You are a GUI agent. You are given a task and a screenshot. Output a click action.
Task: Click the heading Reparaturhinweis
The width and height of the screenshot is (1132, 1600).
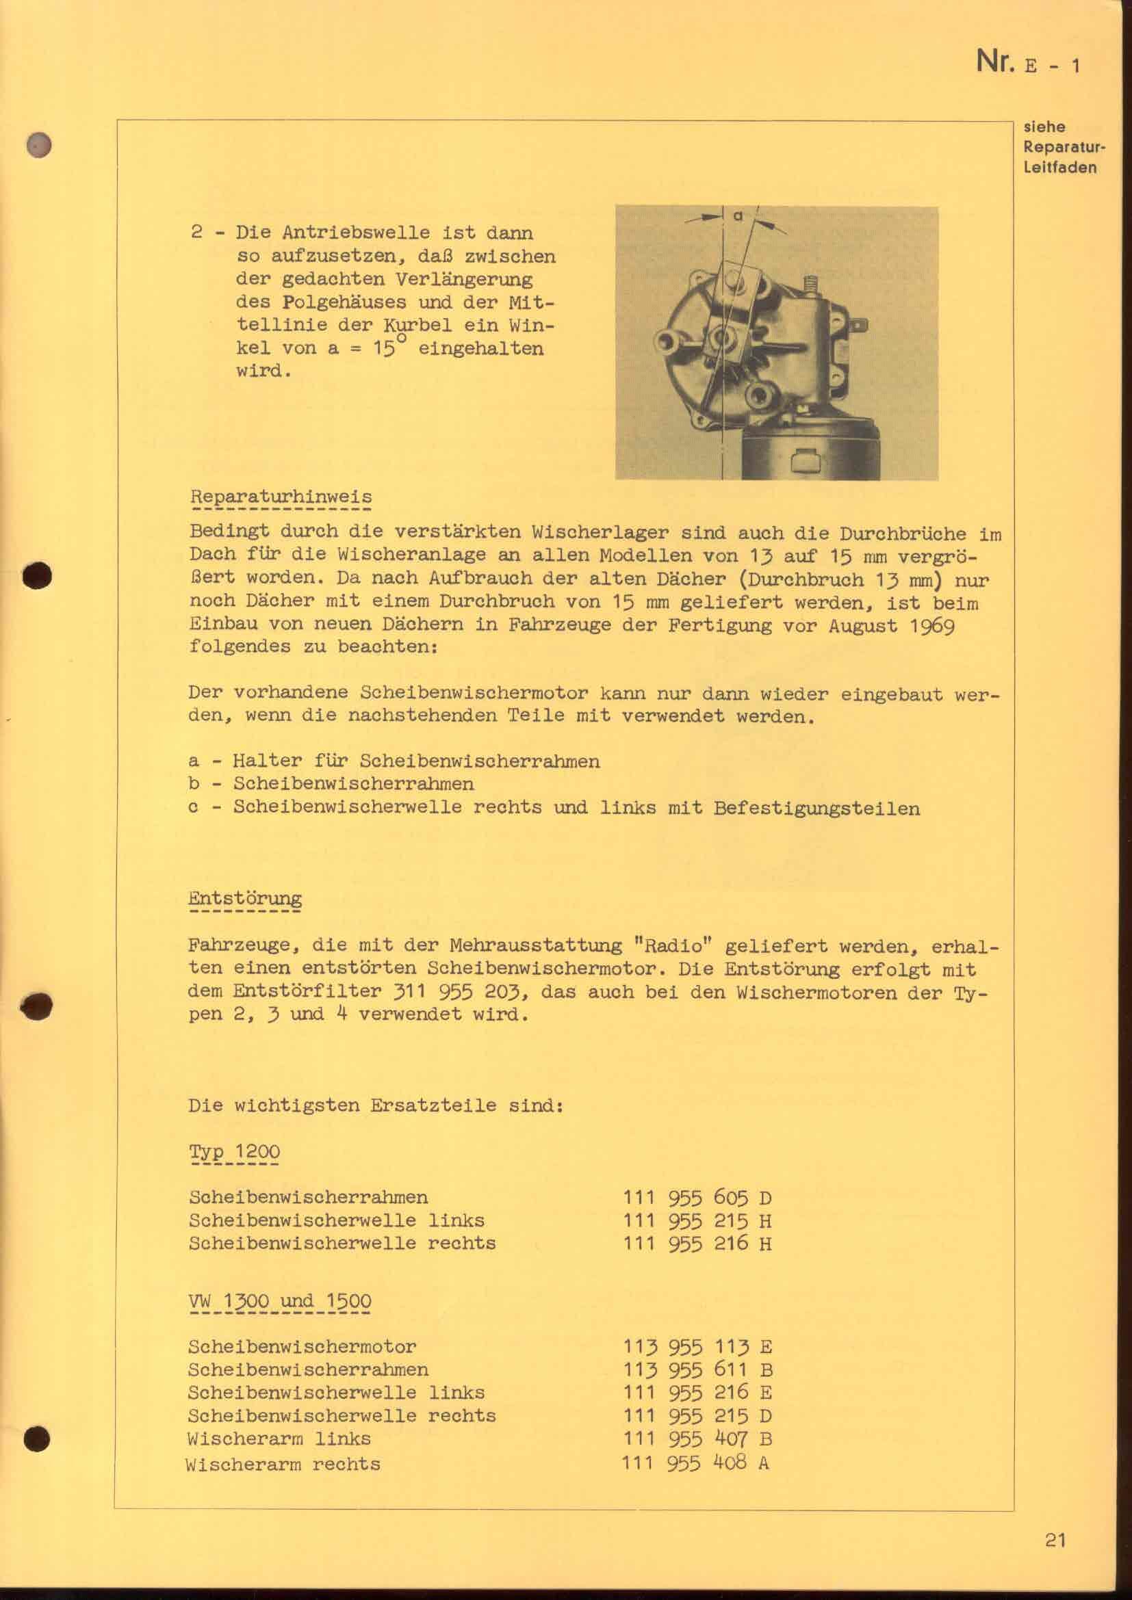tap(280, 497)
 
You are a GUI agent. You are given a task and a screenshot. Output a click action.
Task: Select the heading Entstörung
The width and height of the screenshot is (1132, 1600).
tap(244, 898)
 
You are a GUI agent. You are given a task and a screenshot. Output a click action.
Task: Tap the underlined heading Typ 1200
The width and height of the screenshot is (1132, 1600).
tap(234, 1152)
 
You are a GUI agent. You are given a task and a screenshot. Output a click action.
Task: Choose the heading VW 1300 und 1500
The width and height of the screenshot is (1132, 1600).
tap(279, 1301)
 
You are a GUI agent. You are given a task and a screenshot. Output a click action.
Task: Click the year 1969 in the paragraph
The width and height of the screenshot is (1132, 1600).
tap(931, 625)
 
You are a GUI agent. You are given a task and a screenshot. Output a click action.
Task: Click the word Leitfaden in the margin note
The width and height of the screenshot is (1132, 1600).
tap(1059, 167)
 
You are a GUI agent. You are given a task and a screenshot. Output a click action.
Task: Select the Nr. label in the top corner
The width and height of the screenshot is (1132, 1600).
tap(995, 62)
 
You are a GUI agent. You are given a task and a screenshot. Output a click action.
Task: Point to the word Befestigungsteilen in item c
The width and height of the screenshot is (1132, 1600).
tap(816, 809)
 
